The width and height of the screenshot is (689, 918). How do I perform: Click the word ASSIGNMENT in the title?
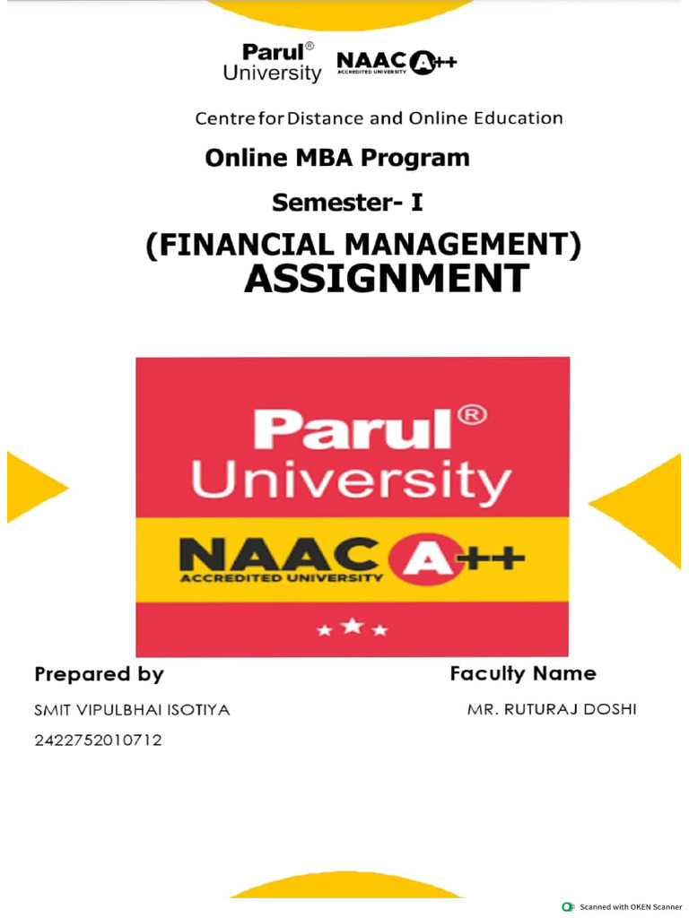coord(387,279)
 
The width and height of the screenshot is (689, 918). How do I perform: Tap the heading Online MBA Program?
coord(337,158)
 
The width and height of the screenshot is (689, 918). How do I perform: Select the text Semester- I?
coord(347,204)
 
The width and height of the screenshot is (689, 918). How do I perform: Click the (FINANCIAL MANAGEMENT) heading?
coord(363,244)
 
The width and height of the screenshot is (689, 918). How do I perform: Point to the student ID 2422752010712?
coord(98,740)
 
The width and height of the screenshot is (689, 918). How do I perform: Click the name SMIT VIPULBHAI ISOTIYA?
coord(132,710)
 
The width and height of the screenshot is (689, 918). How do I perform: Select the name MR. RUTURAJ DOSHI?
coord(552,710)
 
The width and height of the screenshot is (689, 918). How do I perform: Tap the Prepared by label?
coord(99,673)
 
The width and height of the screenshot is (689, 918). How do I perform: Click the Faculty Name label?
coord(523,673)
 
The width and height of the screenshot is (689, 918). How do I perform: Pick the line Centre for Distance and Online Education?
coord(379,118)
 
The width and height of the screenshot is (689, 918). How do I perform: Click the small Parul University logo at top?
coord(272,62)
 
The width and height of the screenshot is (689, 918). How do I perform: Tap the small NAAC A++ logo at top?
coord(396,62)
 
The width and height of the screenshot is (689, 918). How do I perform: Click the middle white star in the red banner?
coord(353,626)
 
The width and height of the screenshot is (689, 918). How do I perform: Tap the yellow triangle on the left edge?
coord(32,487)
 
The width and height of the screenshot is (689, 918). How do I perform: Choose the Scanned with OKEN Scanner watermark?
coord(622,907)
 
